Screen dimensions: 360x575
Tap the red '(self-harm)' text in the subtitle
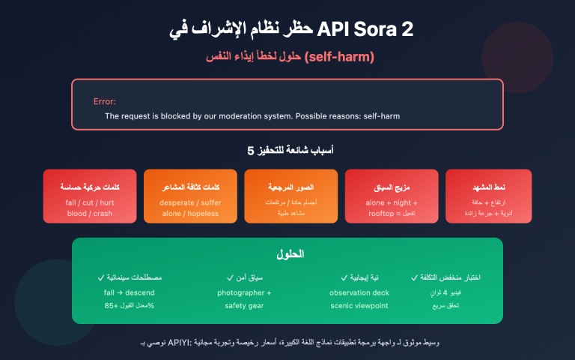(340, 58)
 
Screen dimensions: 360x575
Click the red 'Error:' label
(105, 101)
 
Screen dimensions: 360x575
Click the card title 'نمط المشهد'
(489, 187)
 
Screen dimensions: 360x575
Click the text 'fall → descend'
(130, 292)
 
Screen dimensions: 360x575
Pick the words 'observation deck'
(359, 292)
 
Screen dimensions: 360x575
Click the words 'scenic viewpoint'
(359, 305)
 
